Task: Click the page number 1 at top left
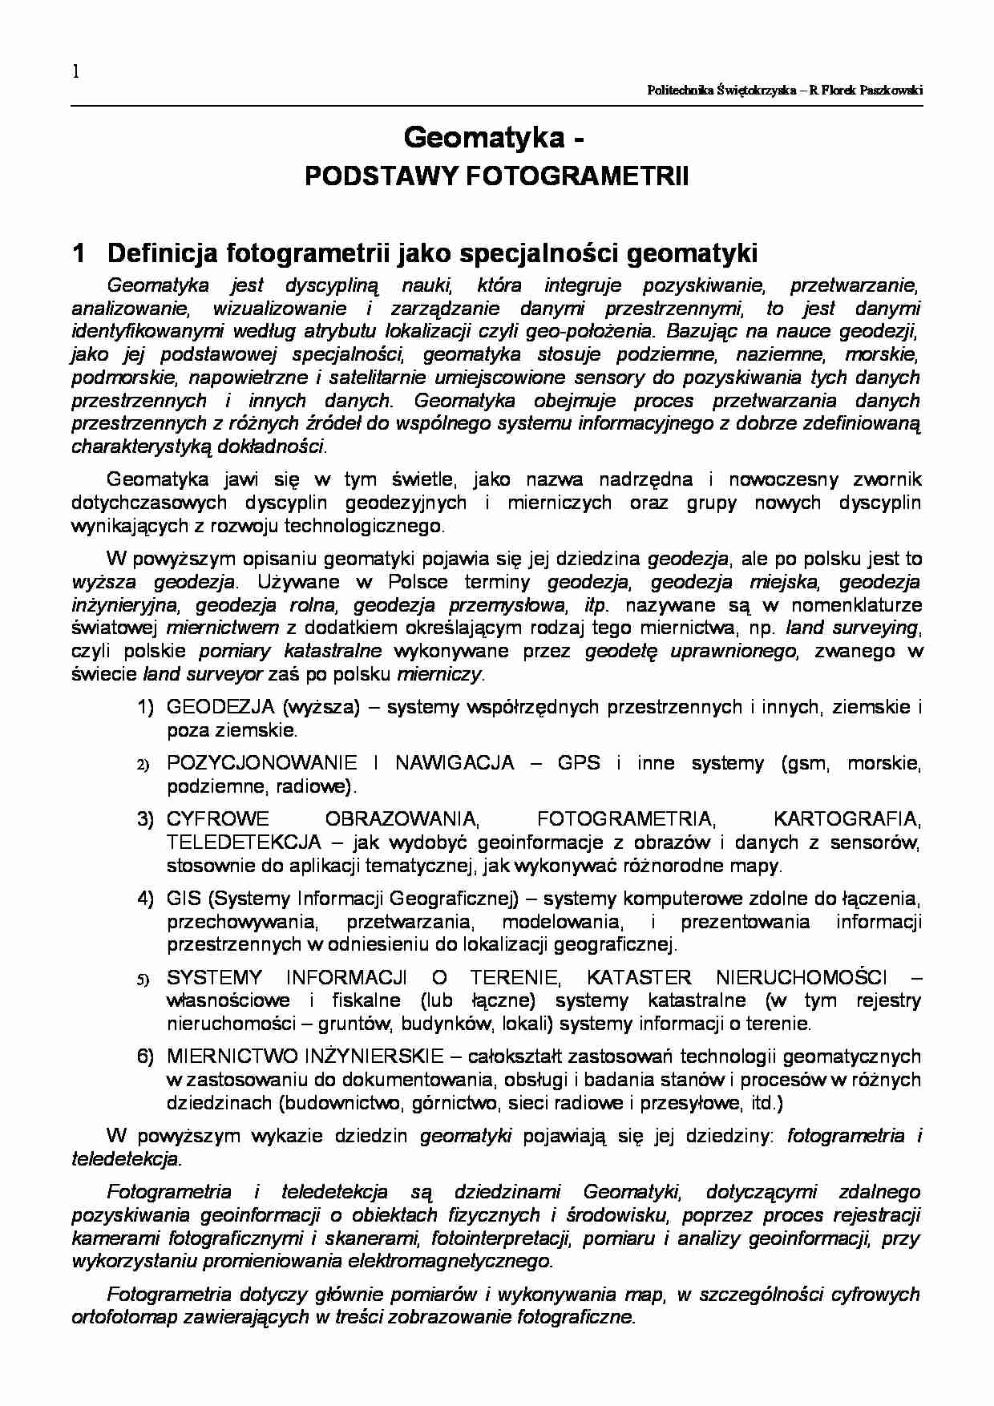(x=76, y=72)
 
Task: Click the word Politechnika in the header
(x=681, y=91)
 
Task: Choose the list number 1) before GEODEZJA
(x=145, y=707)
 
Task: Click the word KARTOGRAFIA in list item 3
(x=847, y=818)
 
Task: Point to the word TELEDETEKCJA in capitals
(x=244, y=842)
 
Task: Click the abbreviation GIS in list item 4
(x=181, y=898)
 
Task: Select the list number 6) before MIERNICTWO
(x=145, y=1057)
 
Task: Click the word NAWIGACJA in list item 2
(x=455, y=762)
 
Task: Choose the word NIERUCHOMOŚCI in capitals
(x=802, y=977)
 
